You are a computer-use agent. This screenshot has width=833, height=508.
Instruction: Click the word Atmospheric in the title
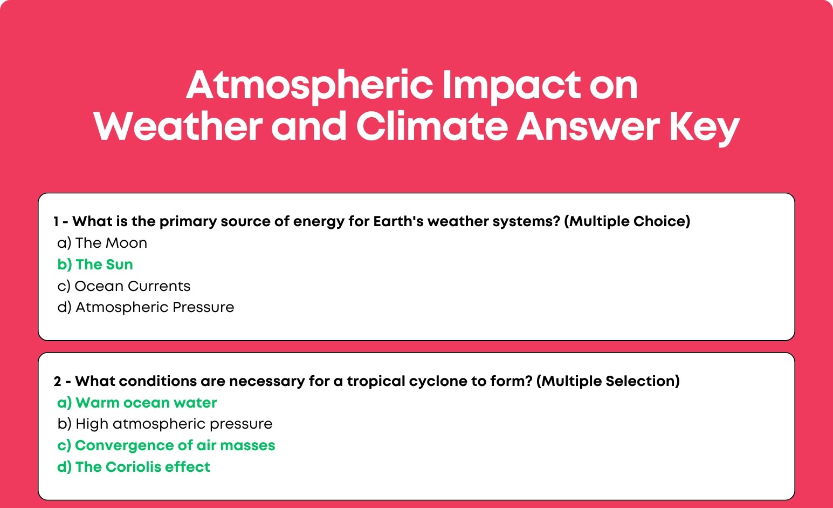point(309,86)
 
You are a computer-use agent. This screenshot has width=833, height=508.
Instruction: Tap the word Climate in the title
point(432,127)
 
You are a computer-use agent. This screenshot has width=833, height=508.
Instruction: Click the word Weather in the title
point(178,127)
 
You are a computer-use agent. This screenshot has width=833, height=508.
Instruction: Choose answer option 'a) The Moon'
point(102,243)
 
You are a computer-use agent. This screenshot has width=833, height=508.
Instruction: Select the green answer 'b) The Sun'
point(95,265)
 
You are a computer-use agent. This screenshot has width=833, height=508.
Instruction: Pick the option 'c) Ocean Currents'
point(124,286)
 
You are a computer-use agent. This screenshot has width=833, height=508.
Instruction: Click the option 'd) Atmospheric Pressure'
point(146,307)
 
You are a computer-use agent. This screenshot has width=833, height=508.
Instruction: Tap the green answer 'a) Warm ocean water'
point(137,403)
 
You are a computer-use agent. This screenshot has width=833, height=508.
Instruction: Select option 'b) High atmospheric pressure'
point(165,424)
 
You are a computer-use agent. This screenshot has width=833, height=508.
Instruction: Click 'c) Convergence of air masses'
point(166,445)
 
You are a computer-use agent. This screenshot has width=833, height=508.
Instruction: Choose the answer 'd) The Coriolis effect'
point(134,466)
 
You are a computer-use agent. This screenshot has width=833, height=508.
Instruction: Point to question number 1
point(56,221)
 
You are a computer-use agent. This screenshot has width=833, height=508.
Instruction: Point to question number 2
point(57,381)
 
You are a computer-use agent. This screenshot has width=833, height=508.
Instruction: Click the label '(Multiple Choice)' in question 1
point(627,221)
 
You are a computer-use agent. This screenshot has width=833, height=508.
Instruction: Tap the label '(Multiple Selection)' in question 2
point(608,381)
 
